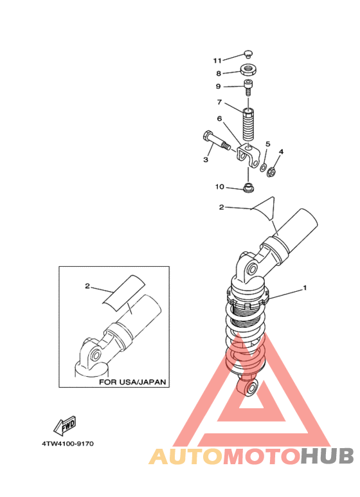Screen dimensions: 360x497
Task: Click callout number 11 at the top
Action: coord(217,60)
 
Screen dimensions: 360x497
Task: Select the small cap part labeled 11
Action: coord(248,54)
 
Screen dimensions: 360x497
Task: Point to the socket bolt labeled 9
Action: coord(248,88)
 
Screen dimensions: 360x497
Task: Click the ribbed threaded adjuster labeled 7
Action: coord(249,124)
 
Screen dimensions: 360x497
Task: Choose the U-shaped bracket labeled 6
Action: coord(248,156)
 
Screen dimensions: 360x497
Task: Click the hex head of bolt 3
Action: coord(206,136)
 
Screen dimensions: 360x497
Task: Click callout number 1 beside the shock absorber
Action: coord(305,288)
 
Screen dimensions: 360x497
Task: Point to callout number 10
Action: coord(219,186)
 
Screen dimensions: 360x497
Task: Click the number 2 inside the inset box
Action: coord(87,286)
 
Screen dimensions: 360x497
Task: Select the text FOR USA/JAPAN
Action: coord(132,382)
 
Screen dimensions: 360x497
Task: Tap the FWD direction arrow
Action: coord(65,426)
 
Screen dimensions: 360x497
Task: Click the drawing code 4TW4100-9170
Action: coord(67,444)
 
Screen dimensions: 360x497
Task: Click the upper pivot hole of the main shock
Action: coord(252,270)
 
